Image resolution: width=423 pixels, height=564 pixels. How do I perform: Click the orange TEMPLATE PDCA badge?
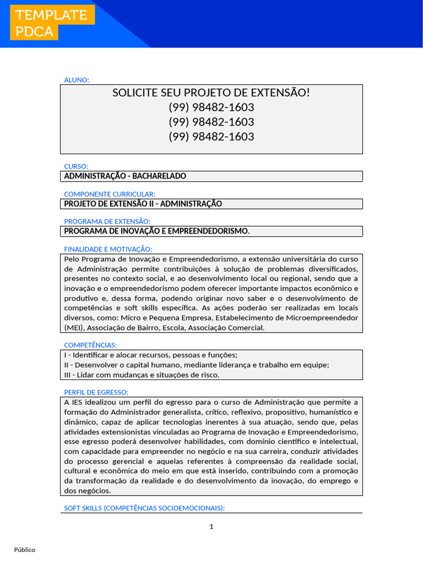(x=52, y=23)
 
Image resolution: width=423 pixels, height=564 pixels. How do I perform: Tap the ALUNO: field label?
(x=77, y=80)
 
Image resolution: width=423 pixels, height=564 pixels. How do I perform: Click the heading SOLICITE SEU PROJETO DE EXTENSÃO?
(x=211, y=93)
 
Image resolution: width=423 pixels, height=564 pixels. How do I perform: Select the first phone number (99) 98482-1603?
(x=211, y=107)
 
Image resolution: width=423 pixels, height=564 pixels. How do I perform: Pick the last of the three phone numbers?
(x=211, y=137)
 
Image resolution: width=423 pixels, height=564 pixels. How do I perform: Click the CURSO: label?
(x=76, y=166)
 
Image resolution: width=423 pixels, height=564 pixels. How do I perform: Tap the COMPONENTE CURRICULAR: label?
(x=110, y=194)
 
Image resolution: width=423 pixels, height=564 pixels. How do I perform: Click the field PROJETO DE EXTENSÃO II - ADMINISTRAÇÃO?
(x=143, y=204)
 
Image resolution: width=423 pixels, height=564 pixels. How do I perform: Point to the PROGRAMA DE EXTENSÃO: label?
(x=107, y=221)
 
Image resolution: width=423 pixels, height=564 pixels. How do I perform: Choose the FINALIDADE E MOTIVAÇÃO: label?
(x=108, y=249)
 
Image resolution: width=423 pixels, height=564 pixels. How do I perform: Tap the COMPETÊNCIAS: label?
(x=90, y=345)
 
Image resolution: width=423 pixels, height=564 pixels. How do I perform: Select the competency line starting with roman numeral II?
(x=197, y=365)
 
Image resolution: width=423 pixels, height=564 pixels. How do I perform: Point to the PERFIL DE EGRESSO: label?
(x=96, y=392)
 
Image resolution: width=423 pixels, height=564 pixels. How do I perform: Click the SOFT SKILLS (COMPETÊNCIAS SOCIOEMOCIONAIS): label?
(x=144, y=508)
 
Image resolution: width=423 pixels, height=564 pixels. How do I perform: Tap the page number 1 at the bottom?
(x=211, y=527)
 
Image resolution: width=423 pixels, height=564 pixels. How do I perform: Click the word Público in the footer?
(x=25, y=550)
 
